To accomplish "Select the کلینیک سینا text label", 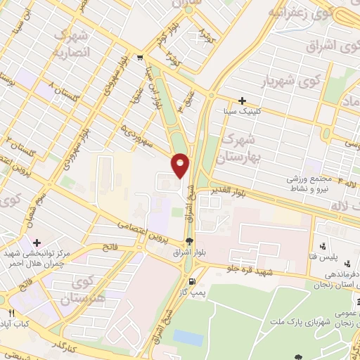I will click(x=261, y=111).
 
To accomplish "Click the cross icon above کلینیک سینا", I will click(x=243, y=101).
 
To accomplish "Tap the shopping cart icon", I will click(x=141, y=58).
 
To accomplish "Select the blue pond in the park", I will click(x=187, y=337).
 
